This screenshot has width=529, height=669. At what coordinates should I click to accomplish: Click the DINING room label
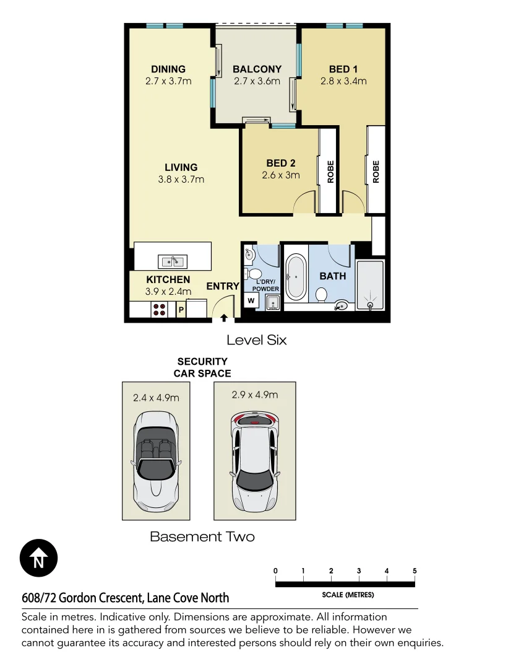click(168, 69)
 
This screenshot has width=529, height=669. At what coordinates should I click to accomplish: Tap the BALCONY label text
click(257, 69)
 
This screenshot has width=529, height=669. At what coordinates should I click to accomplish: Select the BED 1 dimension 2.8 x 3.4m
click(343, 81)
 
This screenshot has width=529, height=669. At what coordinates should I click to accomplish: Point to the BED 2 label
click(281, 163)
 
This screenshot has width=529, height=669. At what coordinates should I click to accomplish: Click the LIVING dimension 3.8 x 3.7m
click(181, 180)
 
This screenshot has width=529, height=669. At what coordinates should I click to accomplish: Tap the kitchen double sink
click(173, 260)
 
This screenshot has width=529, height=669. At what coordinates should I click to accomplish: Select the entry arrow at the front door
click(223, 318)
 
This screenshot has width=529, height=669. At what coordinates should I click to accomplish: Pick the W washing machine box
click(252, 300)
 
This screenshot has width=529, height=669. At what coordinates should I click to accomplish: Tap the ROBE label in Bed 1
click(376, 172)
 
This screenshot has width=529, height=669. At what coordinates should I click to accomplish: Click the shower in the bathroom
click(370, 286)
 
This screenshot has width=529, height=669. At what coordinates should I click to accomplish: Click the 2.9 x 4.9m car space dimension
click(254, 395)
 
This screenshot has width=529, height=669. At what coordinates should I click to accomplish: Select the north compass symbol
click(38, 559)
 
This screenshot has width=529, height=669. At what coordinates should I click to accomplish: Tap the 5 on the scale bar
click(415, 571)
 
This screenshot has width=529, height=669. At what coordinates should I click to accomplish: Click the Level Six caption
click(256, 339)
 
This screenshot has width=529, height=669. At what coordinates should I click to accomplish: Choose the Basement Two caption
click(202, 536)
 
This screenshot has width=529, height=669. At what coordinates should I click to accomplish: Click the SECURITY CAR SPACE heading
click(202, 367)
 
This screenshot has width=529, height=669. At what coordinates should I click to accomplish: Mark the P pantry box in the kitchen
click(181, 309)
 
